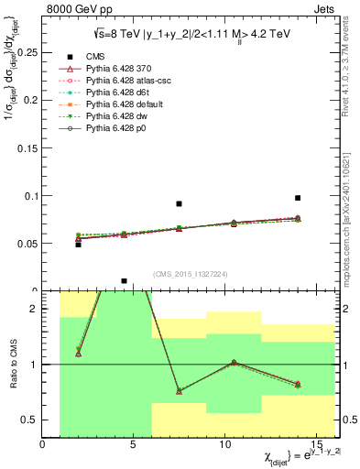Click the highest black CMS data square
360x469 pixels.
298,198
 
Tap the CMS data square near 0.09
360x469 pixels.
179,203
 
